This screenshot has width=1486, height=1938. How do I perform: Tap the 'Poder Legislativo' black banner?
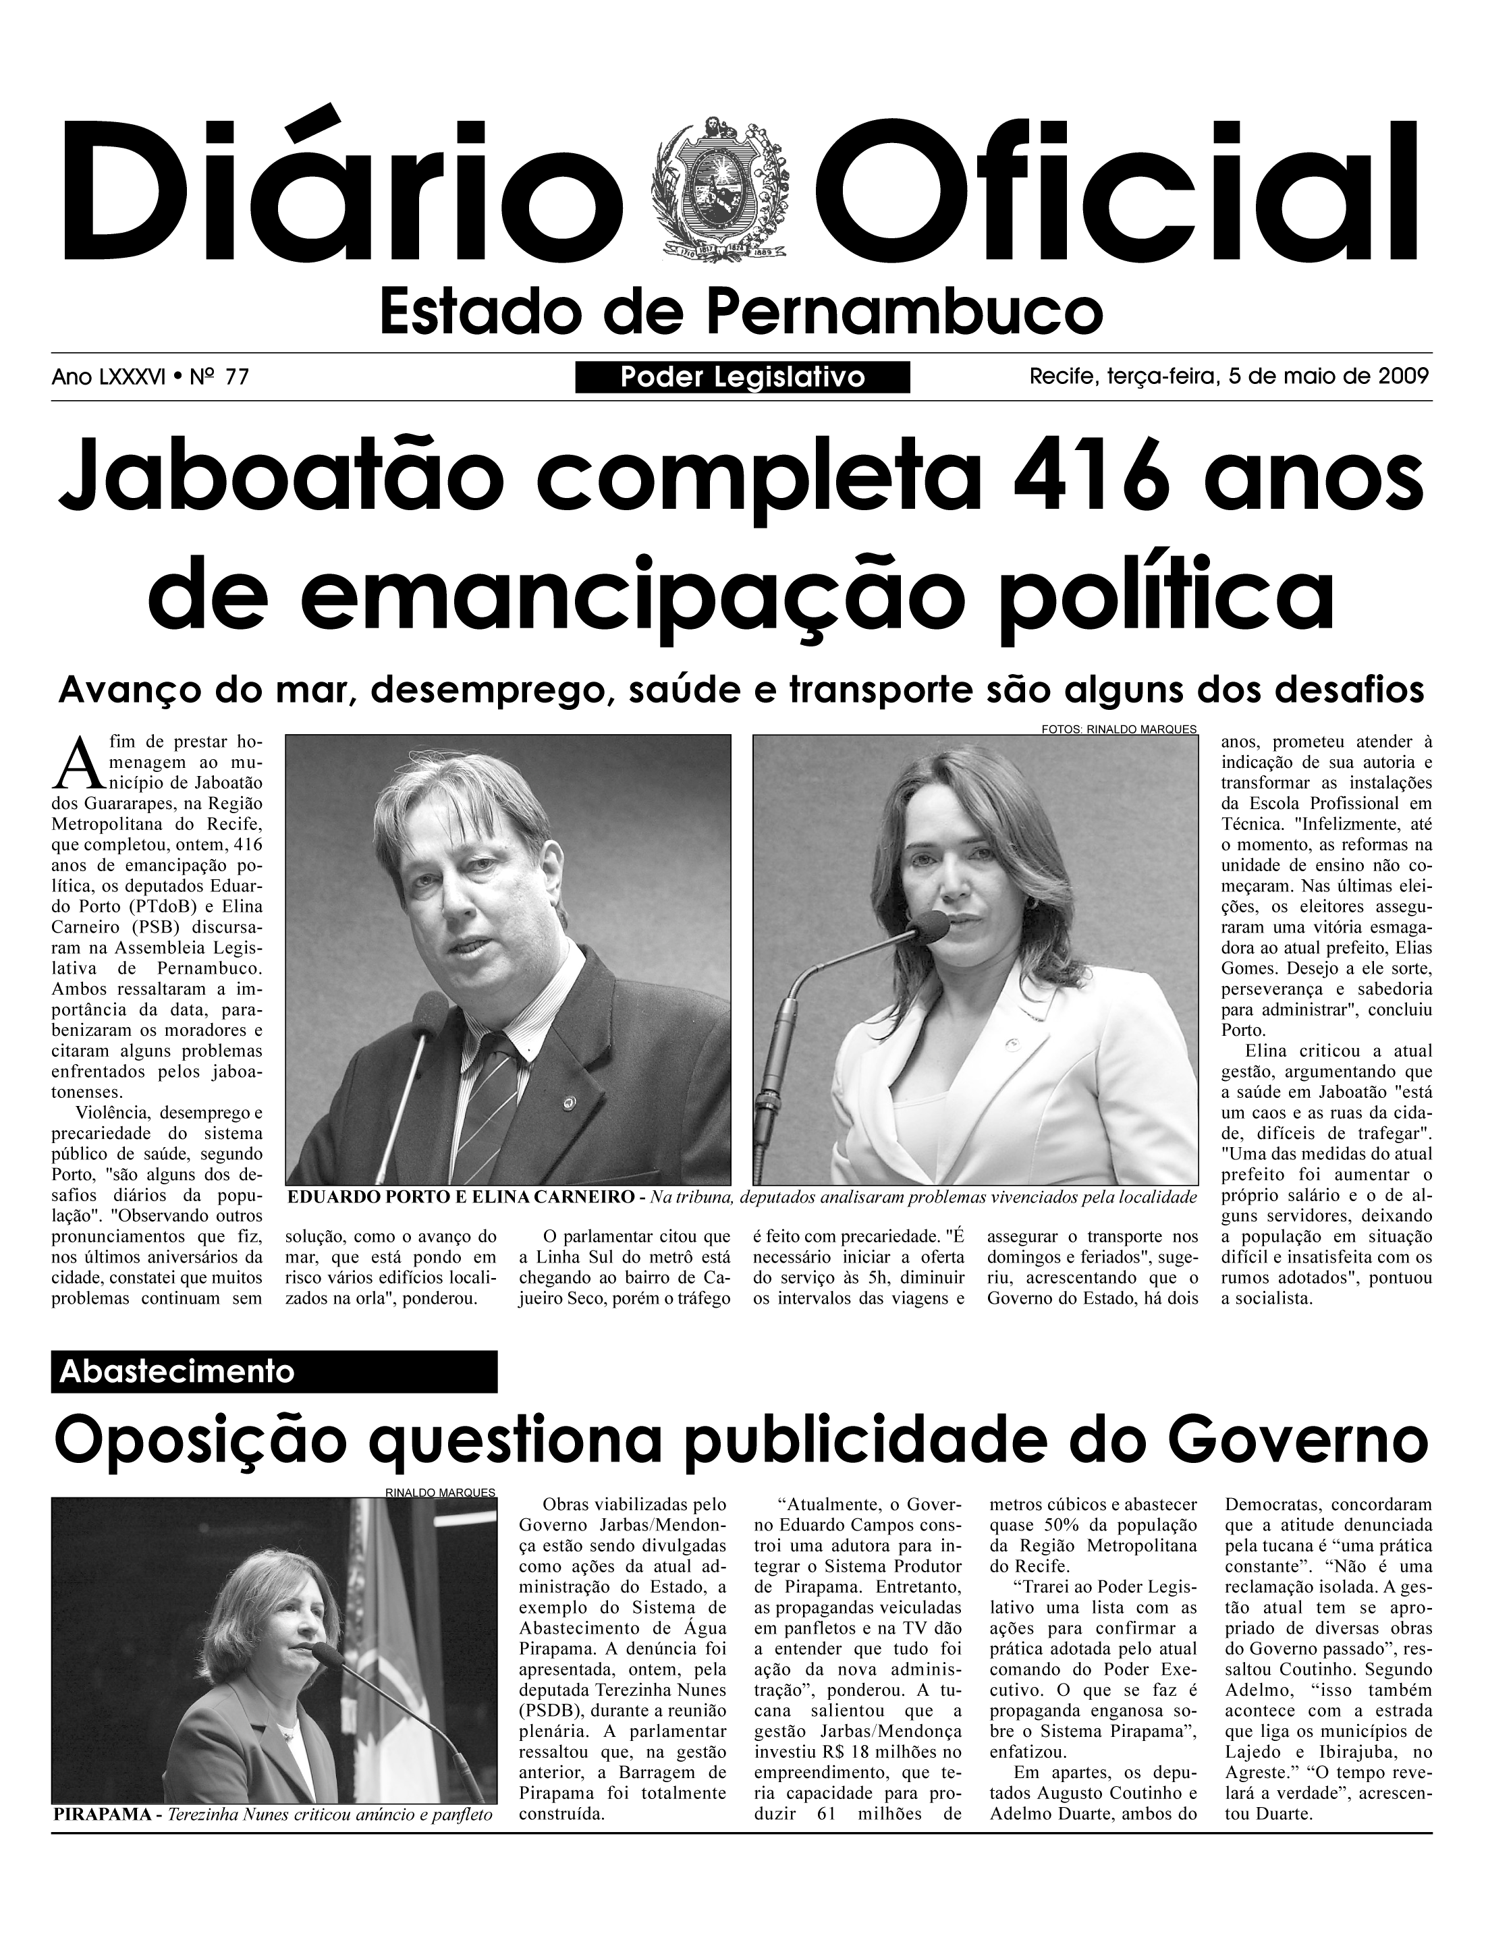742,378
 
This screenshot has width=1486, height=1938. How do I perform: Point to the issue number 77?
236,379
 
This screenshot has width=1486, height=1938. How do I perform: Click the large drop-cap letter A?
74,765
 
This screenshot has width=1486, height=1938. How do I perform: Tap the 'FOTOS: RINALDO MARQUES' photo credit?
1118,729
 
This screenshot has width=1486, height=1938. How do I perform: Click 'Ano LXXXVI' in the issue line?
107,379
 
